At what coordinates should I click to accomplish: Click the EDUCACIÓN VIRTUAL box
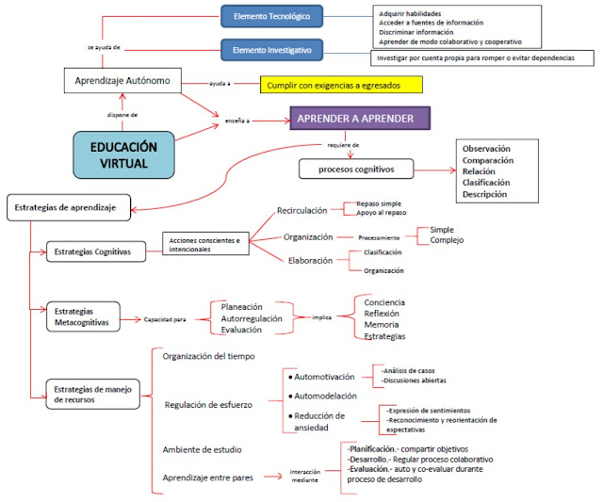(123, 154)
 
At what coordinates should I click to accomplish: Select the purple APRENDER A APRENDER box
(360, 118)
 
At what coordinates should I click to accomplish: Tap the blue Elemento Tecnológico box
(271, 16)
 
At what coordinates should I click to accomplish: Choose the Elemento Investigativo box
(271, 48)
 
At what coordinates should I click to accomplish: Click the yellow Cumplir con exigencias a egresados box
(341, 85)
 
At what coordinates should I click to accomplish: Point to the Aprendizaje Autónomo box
(122, 81)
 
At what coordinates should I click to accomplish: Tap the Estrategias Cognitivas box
(98, 251)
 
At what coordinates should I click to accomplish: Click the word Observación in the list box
(487, 149)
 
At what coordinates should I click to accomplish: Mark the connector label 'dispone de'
(122, 115)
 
